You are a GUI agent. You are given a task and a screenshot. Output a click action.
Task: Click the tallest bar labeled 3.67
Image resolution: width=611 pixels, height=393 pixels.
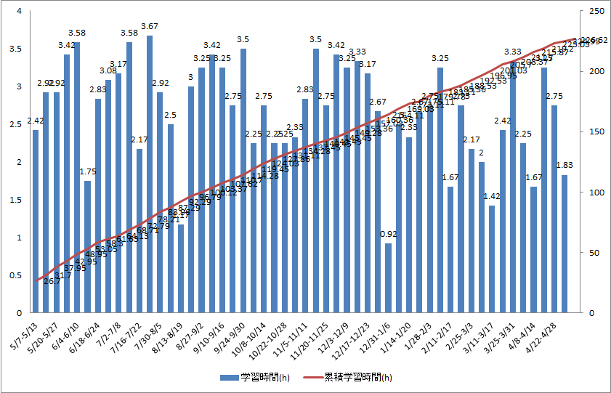[150, 174]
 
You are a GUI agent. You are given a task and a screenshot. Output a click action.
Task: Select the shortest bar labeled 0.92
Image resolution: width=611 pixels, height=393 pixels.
[388, 278]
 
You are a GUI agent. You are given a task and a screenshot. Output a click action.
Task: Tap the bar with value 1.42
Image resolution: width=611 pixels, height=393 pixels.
[492, 259]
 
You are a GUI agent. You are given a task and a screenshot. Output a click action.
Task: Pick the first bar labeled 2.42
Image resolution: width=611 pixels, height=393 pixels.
[35, 222]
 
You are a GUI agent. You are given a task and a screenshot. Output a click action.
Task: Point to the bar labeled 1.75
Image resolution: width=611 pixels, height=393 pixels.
[87, 247]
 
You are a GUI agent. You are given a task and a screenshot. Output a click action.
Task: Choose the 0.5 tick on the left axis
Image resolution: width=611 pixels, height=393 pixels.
[16, 275]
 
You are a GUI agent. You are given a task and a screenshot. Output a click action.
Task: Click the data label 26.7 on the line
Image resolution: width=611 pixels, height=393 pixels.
[52, 281]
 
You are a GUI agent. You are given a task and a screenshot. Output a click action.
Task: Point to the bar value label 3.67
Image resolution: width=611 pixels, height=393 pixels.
[150, 27]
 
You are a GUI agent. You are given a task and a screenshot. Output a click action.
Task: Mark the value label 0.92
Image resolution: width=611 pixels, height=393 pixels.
[388, 234]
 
